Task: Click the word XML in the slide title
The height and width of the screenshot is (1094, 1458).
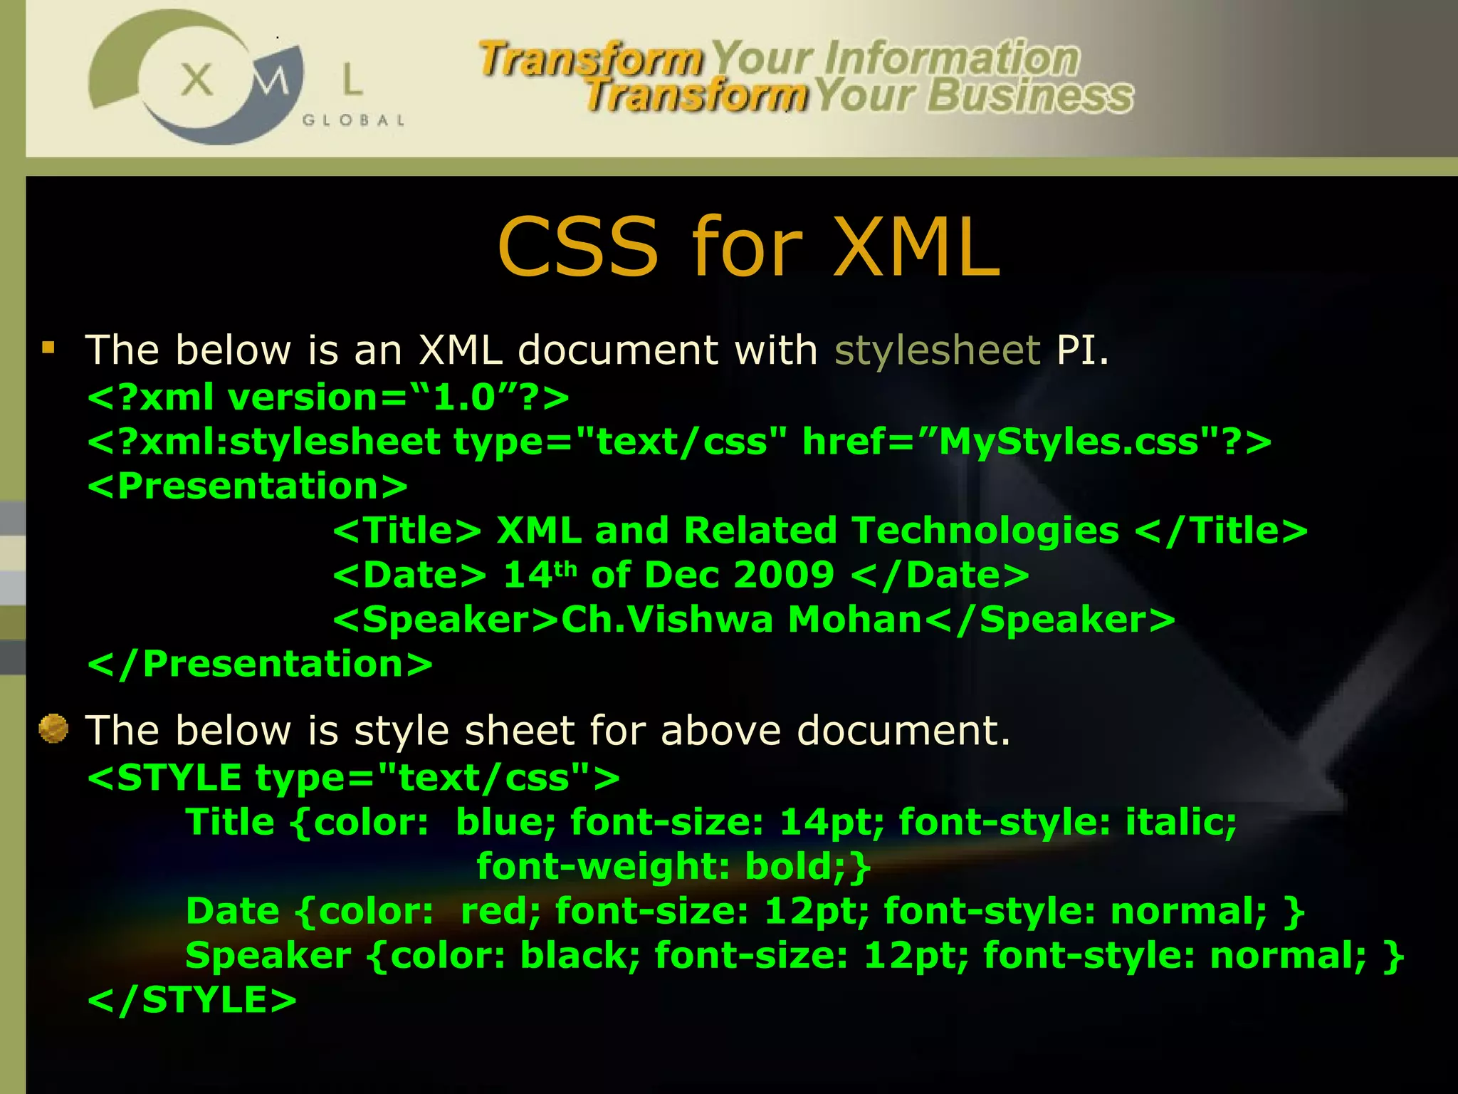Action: (917, 247)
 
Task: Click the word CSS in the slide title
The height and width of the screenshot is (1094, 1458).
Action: (577, 247)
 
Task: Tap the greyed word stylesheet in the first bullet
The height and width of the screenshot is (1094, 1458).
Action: (938, 350)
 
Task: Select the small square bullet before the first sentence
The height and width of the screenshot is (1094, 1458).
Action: (48, 348)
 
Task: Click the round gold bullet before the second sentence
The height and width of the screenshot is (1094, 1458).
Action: (53, 729)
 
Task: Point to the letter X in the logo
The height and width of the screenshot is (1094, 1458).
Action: (196, 79)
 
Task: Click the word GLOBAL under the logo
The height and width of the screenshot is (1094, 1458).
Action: (354, 120)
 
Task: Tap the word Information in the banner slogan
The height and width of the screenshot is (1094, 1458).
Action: (952, 58)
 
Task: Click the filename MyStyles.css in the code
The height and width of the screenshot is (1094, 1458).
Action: (1067, 442)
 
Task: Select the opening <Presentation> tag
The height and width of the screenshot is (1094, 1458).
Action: (247, 486)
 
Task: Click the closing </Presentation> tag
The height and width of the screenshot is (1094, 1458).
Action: (260, 665)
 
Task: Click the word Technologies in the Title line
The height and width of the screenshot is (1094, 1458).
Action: (985, 531)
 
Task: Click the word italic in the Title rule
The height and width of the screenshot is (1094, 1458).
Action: (1180, 823)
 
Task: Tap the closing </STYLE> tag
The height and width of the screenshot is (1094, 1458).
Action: (192, 1001)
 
